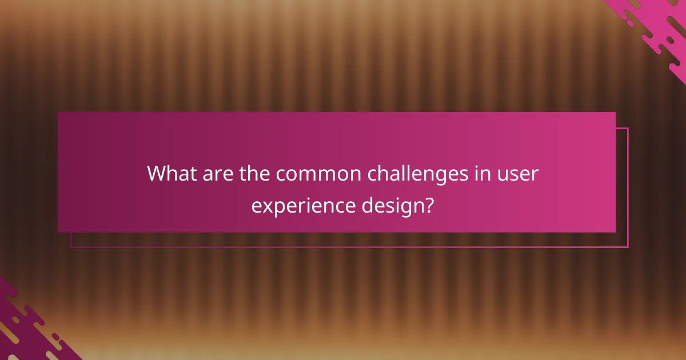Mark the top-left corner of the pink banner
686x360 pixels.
tap(58, 113)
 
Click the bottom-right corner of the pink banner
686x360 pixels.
tap(616, 232)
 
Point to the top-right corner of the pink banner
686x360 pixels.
tap(616, 113)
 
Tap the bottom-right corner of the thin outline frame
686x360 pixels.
tap(628, 247)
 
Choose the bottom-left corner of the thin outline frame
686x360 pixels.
tap(71, 247)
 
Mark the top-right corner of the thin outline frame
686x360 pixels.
tap(628, 128)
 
